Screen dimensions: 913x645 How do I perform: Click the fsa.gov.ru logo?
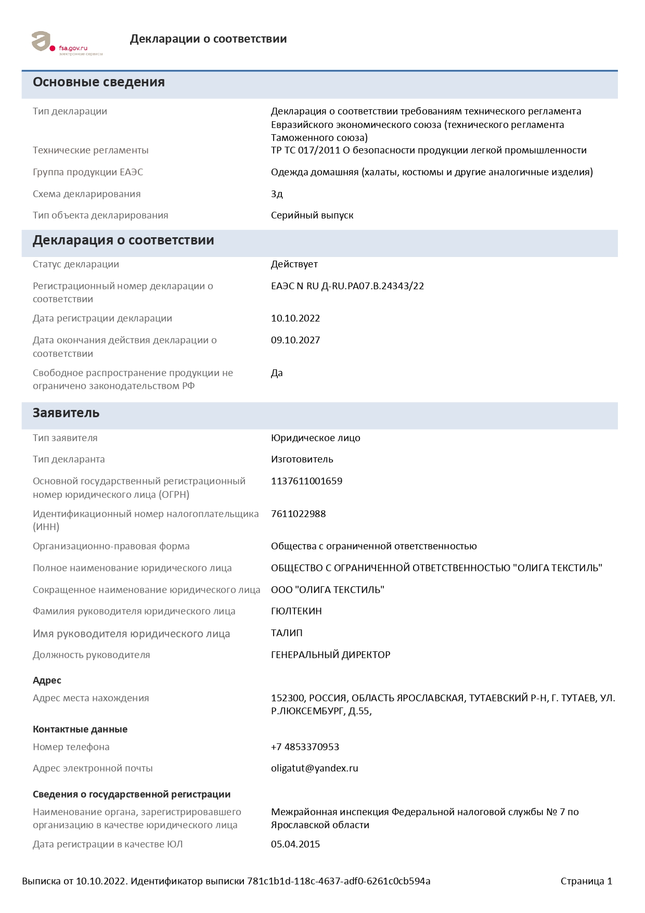coord(67,43)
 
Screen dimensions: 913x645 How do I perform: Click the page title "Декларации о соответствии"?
coord(208,39)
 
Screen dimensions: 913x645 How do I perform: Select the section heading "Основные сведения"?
coord(99,82)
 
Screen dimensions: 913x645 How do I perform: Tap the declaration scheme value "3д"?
coord(277,194)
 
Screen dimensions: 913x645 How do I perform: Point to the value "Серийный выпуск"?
coord(312,215)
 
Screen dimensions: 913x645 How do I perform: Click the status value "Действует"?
coord(294,264)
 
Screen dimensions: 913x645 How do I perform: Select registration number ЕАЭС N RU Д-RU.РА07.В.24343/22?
coord(347,286)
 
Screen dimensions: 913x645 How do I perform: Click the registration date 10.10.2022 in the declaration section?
coord(295,318)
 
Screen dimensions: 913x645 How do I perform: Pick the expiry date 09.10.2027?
coord(295,340)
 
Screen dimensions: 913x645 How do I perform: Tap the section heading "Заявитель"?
coord(66,413)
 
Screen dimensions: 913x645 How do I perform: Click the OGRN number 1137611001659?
coord(306,481)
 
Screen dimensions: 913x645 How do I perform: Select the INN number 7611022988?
coord(299,514)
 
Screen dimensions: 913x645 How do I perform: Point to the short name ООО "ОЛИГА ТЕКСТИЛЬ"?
coord(328,590)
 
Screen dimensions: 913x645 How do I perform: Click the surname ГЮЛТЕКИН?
coord(296,611)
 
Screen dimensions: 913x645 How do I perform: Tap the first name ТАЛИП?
coord(287,633)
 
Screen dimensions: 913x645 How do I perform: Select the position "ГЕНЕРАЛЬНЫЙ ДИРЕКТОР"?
coord(331,655)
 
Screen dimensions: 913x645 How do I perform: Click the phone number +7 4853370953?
coord(305,747)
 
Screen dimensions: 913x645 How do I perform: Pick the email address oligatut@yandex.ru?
coord(315,768)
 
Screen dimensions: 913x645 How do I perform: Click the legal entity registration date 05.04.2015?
coord(295,844)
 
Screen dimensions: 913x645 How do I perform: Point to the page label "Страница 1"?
coord(586,881)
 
